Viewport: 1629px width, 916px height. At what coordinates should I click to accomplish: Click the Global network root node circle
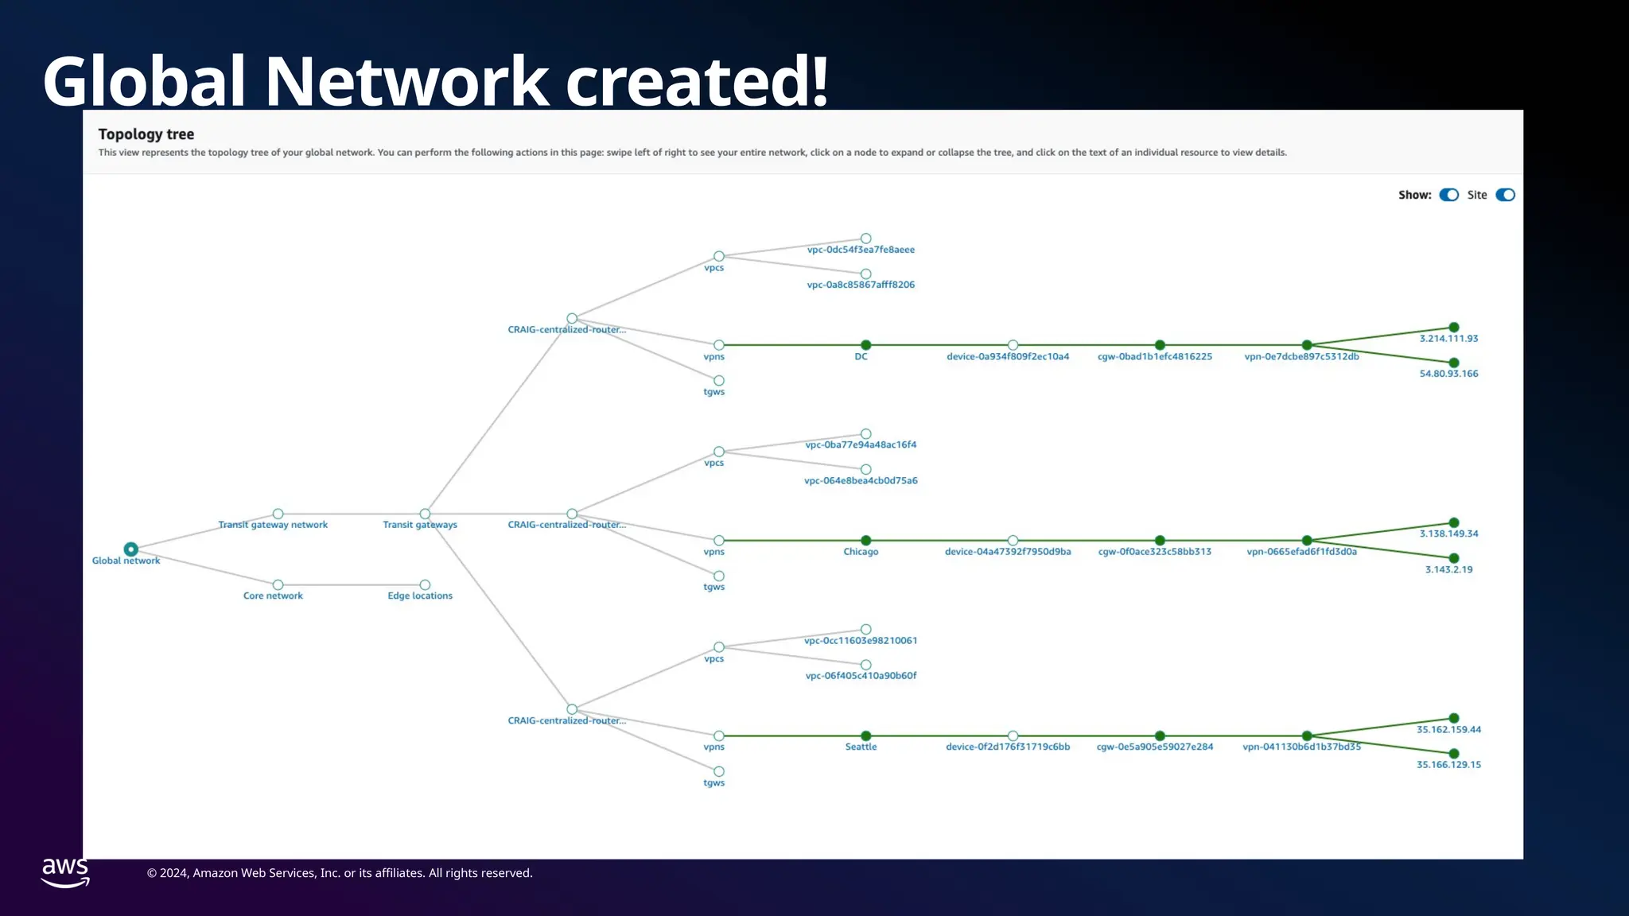coord(131,549)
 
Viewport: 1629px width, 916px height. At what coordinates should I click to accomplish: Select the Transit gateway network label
coord(273,525)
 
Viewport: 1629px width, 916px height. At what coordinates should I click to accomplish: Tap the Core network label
coord(273,596)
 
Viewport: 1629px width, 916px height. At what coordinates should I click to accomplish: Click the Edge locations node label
coord(420,596)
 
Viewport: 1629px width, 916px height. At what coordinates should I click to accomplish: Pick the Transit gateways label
coord(420,525)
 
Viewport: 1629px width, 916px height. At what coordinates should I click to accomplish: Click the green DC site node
coord(866,345)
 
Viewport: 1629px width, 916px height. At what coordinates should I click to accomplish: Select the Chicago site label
coord(861,552)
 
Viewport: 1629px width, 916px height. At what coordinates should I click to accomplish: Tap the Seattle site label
coord(861,747)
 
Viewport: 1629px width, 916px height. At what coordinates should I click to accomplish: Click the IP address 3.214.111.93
coord(1448,339)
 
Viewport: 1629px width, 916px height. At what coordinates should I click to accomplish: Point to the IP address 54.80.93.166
coord(1448,374)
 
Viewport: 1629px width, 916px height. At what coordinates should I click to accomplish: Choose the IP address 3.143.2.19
coord(1448,569)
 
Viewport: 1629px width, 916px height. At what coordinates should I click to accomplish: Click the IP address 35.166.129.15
coord(1448,765)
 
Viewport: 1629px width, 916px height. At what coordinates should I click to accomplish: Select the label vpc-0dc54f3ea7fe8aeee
coord(861,250)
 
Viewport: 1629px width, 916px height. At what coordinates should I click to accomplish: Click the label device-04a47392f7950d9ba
coord(1008,552)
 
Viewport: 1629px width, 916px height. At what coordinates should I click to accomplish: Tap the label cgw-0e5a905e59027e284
coord(1155,747)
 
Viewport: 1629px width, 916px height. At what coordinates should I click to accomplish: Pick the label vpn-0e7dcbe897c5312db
coord(1301,357)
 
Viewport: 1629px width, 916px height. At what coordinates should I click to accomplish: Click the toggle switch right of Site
coord(1505,195)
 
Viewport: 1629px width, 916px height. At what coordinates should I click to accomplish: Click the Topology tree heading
coord(146,134)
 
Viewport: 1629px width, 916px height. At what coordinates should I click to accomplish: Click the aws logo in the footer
coord(65,872)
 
